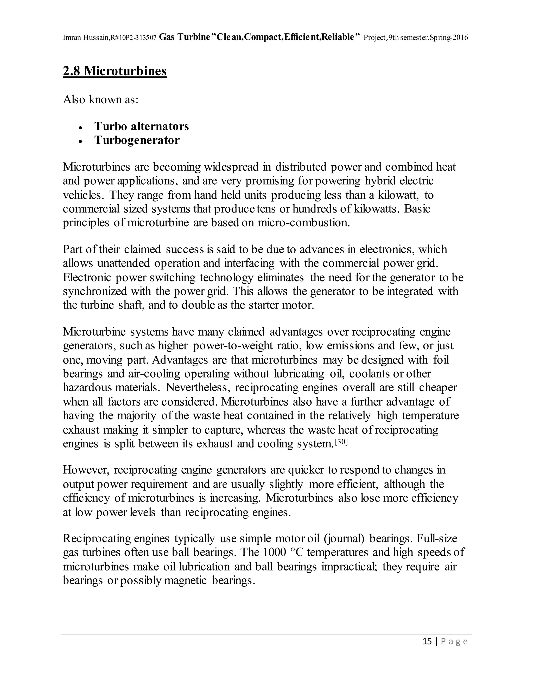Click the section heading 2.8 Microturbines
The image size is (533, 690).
point(115,71)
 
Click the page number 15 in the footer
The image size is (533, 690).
point(427,641)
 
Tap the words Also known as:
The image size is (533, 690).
point(101,99)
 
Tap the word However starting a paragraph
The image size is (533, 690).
point(86,470)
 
